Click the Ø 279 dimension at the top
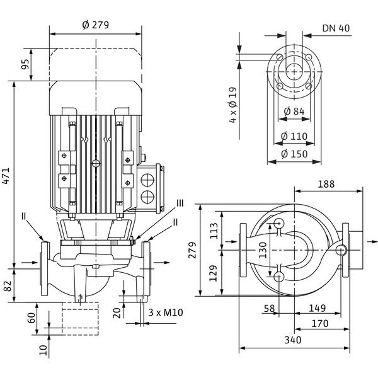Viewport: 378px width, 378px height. pyautogui.click(x=96, y=25)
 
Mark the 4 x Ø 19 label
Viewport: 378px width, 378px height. pyautogui.click(x=232, y=104)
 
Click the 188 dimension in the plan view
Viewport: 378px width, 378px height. pyautogui.click(x=326, y=185)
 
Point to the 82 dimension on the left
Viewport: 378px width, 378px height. pyautogui.click(x=8, y=285)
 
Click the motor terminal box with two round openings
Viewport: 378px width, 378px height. pyautogui.click(x=151, y=186)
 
